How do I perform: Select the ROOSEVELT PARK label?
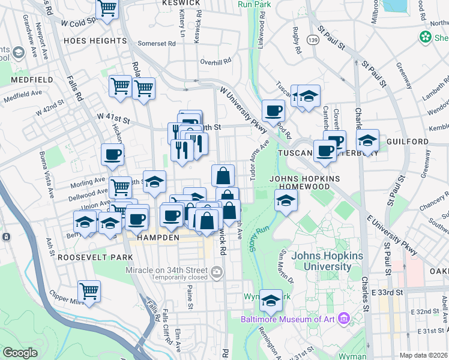(87, 257)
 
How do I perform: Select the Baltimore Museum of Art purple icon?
(344, 319)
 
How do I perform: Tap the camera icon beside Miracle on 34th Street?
(215, 274)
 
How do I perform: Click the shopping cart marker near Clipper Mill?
(89, 292)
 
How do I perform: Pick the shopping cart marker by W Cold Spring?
(107, 9)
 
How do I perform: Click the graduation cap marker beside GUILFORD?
(366, 140)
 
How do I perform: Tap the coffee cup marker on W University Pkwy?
(274, 110)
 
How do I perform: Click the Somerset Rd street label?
(154, 43)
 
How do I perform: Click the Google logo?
(20, 353)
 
